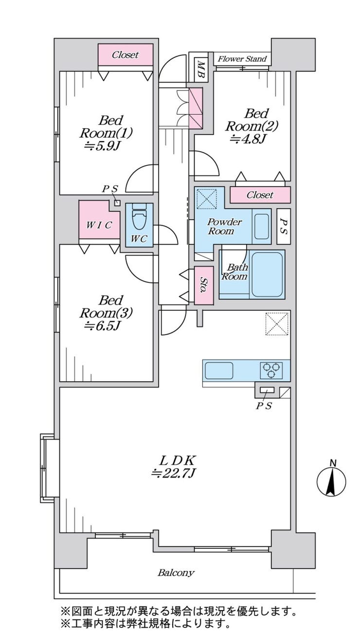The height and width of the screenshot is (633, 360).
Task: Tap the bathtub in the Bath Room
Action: pyautogui.click(x=267, y=274)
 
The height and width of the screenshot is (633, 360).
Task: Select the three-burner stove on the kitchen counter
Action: pyautogui.click(x=271, y=370)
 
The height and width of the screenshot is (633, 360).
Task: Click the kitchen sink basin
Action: pyautogui.click(x=219, y=370)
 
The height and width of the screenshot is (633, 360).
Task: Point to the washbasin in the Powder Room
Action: pyautogui.click(x=262, y=227)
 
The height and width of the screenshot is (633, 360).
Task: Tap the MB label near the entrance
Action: pyautogui.click(x=201, y=69)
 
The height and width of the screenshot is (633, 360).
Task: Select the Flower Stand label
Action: pyautogui.click(x=242, y=59)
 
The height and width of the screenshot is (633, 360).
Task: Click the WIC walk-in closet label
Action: pyautogui.click(x=99, y=225)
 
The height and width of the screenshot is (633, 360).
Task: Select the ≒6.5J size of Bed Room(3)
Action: pyautogui.click(x=103, y=326)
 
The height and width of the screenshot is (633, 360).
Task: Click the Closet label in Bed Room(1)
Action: pyautogui.click(x=126, y=54)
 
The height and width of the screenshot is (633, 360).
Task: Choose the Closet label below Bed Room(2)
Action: pyautogui.click(x=260, y=194)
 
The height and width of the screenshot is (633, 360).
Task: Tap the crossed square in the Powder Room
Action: pyautogui.click(x=206, y=199)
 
